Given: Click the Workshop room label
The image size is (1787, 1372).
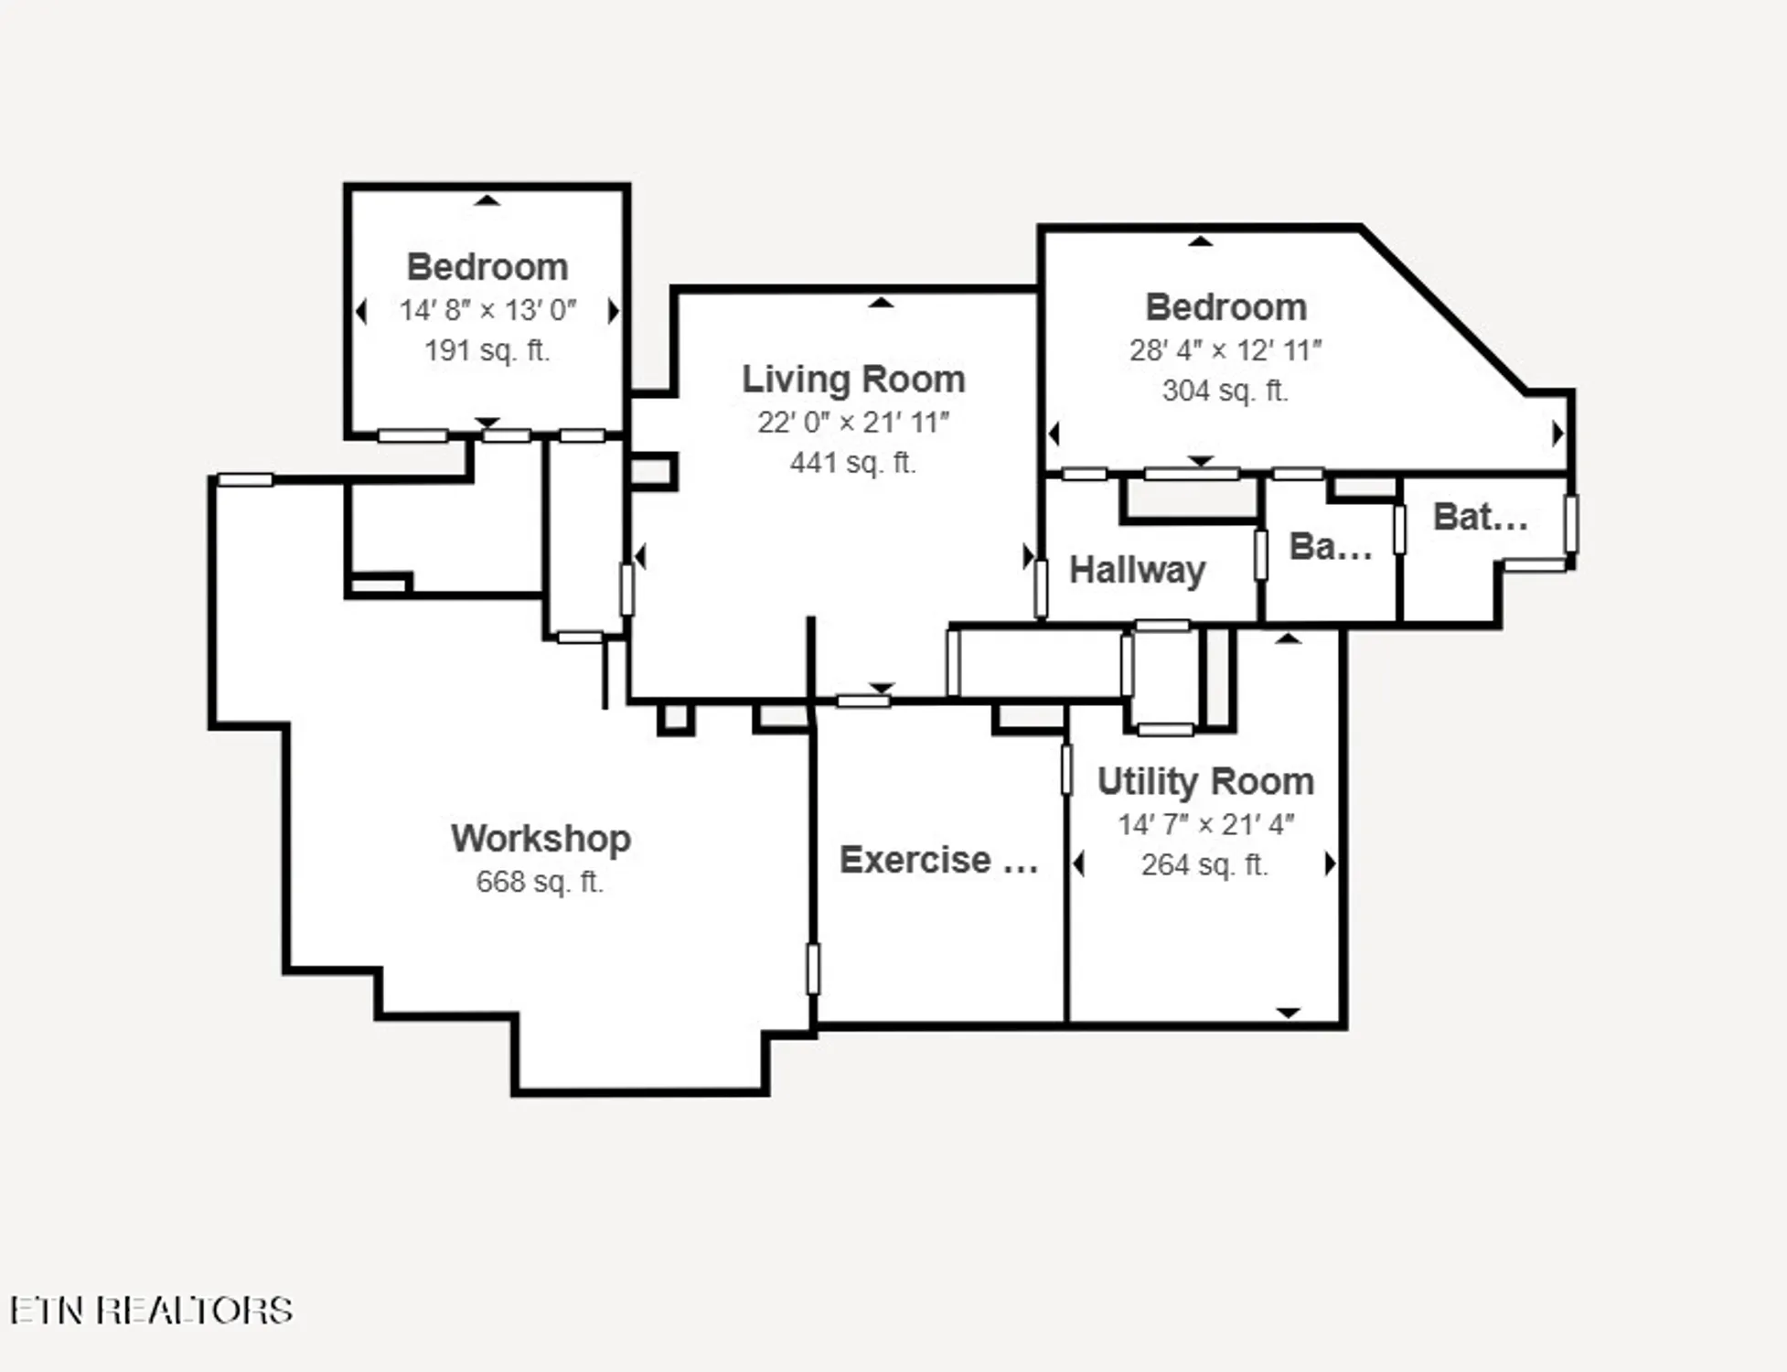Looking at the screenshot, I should (540, 839).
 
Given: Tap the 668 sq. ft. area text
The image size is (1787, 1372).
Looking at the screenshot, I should (540, 882).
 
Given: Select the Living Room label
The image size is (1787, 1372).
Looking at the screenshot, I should (852, 380).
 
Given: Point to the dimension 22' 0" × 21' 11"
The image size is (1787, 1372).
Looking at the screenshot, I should (852, 423).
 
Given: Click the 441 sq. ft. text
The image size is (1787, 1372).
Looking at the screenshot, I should (852, 463).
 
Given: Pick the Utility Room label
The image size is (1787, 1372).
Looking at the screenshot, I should (1205, 782).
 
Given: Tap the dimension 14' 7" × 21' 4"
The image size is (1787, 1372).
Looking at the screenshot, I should (1205, 825).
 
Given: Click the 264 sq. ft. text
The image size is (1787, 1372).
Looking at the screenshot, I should (1204, 864).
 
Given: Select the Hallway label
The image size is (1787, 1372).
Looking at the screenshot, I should (1137, 570).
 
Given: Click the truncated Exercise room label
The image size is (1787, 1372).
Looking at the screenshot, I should (938, 861).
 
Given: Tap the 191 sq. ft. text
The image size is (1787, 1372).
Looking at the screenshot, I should (487, 350).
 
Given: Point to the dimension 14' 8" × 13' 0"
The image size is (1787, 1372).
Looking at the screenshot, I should (487, 311).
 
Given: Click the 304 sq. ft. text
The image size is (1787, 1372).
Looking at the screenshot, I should (1225, 391).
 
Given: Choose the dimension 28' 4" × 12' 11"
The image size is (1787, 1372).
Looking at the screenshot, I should (1225, 350).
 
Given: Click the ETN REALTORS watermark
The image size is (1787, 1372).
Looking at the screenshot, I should (152, 1310).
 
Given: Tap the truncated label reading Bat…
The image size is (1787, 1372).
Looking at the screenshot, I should (1480, 518).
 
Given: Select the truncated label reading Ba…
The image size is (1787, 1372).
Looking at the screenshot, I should (1330, 547).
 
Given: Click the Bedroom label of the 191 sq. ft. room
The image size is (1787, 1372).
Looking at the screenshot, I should (487, 267).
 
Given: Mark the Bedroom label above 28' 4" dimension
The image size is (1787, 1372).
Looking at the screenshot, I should (1225, 307).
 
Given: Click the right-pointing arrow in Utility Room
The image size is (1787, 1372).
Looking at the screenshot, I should (1330, 863).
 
